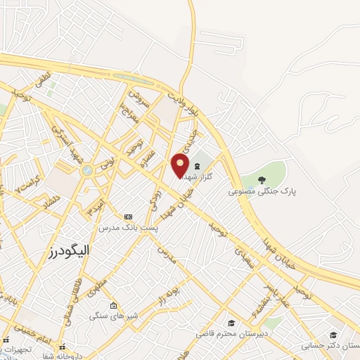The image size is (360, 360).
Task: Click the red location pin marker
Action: click(181, 164)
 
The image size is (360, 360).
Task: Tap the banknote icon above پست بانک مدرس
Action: click(127, 217)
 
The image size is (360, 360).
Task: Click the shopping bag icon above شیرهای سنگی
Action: click(114, 305)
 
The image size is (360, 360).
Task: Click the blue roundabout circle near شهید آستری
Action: click(86, 170)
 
